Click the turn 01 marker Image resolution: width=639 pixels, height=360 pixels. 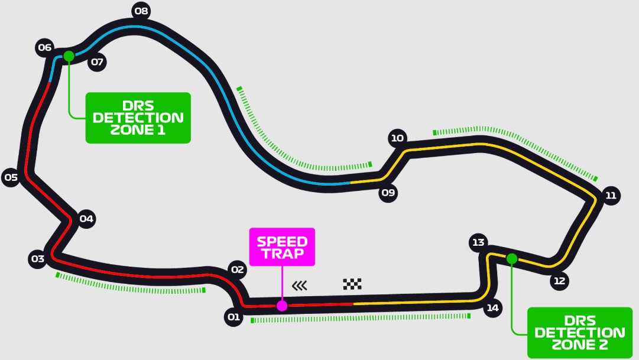233,317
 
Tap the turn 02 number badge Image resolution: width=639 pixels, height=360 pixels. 237,270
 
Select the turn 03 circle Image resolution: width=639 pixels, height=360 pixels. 37,258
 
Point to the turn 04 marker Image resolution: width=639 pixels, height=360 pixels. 86,219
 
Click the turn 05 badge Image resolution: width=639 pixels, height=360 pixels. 11,177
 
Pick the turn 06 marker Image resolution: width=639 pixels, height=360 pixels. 44,47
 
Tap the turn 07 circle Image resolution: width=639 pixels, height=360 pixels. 97,62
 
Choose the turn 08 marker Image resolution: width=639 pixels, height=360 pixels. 141,11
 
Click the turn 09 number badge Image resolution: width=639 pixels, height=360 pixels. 388,193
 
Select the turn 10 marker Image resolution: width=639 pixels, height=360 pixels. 397,138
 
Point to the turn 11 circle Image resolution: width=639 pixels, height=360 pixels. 611,195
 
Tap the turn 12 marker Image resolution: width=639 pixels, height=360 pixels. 559,281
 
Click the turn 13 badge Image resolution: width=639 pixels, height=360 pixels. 478,242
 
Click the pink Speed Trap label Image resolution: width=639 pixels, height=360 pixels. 282,247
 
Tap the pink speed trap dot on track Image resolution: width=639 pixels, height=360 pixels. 282,306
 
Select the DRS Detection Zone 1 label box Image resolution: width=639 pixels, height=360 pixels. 138,117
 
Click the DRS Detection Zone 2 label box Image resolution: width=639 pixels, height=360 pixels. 579,332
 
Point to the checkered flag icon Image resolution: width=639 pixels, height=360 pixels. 352,284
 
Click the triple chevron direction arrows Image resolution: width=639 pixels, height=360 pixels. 300,286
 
